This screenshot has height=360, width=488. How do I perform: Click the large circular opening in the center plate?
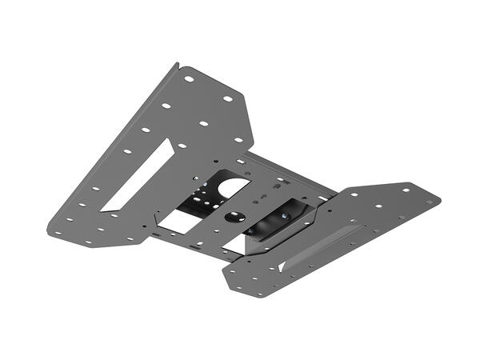click(230, 188)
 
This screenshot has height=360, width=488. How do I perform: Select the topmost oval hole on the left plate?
click(189, 79)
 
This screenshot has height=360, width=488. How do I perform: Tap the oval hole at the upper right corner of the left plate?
click(227, 99)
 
